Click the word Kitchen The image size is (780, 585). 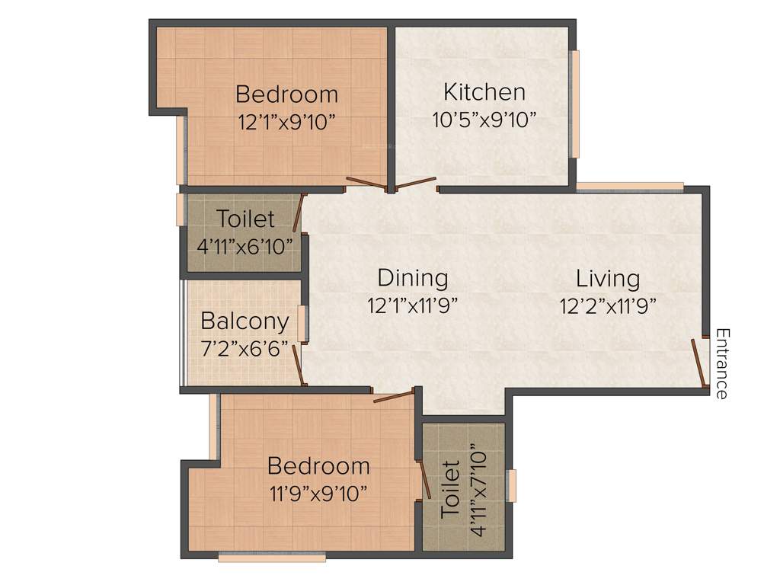[484, 92]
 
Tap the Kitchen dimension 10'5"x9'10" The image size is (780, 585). [484, 120]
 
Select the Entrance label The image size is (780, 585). [721, 363]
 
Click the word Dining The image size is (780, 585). [413, 278]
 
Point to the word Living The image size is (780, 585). [607, 278]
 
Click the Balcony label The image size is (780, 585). [245, 321]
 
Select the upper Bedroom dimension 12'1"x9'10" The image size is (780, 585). [286, 121]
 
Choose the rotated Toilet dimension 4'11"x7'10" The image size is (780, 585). [478, 488]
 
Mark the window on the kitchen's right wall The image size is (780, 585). [575, 104]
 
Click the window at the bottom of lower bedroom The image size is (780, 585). [272, 558]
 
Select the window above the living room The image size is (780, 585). [629, 186]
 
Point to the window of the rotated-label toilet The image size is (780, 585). [512, 486]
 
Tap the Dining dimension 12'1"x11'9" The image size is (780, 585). [413, 305]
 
